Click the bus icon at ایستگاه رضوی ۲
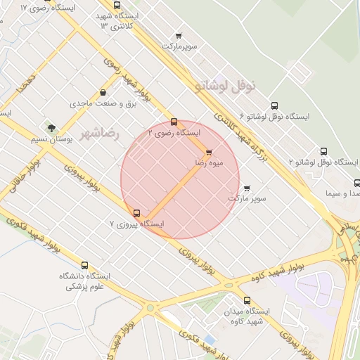click(174, 122)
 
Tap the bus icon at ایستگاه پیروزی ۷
click(136, 213)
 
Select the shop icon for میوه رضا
click(208, 153)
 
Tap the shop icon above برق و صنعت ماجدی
click(103, 92)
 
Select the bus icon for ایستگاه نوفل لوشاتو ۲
click(323, 151)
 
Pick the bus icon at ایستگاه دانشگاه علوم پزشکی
click(85, 266)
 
